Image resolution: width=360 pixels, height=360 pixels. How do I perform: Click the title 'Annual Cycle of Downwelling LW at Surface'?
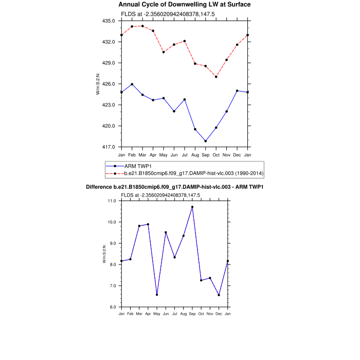(185, 5)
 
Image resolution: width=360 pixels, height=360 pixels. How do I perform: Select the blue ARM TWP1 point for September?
(206, 141)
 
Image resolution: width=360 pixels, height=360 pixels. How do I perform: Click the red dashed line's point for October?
(216, 77)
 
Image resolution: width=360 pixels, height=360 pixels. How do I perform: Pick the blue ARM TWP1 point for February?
(132, 84)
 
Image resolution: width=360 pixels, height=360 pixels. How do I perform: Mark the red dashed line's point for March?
(142, 26)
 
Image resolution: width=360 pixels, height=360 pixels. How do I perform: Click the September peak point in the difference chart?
(192, 207)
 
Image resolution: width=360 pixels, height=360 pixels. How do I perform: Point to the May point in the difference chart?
(157, 295)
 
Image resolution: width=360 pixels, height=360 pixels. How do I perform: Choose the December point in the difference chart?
(219, 295)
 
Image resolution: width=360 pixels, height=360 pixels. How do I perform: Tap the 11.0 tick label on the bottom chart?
(112, 201)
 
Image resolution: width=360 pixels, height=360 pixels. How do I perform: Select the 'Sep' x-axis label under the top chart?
(206, 154)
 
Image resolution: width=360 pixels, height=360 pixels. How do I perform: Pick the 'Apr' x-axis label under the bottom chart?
(148, 314)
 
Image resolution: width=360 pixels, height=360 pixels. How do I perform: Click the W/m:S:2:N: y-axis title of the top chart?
(98, 84)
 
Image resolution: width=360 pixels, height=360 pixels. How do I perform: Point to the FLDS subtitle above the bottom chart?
(160, 195)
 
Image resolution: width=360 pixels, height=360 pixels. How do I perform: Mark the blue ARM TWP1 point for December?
(237, 91)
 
